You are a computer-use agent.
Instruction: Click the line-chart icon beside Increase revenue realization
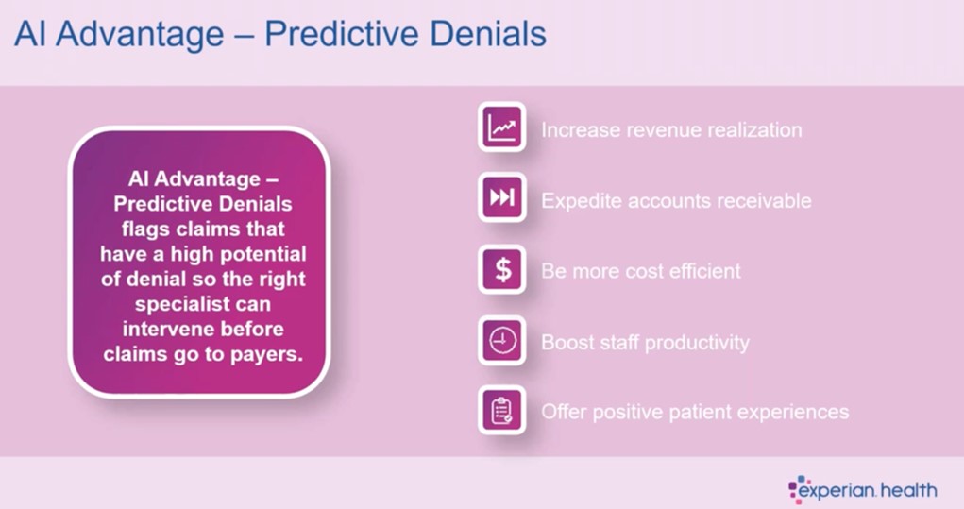click(502, 127)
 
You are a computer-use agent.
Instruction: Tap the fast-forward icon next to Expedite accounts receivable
click(502, 197)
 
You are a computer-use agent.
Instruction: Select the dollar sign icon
click(502, 269)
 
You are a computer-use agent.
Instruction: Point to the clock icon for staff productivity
click(502, 340)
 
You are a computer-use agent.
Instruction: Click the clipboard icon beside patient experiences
click(502, 410)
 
